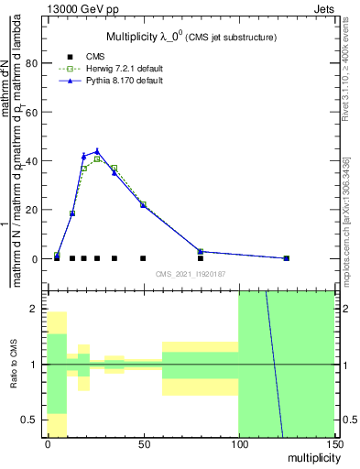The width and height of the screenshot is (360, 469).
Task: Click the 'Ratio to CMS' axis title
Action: point(12,365)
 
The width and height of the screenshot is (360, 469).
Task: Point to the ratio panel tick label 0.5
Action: point(27,420)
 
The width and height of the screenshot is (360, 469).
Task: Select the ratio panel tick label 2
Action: point(32,310)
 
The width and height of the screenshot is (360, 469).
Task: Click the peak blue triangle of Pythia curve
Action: point(97,151)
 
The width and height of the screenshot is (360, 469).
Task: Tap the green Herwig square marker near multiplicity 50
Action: point(143,204)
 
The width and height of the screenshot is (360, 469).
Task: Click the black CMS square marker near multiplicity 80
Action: point(201,258)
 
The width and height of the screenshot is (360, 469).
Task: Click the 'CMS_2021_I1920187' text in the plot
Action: point(191,273)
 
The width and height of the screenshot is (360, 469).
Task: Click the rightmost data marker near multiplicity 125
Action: point(286,258)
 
